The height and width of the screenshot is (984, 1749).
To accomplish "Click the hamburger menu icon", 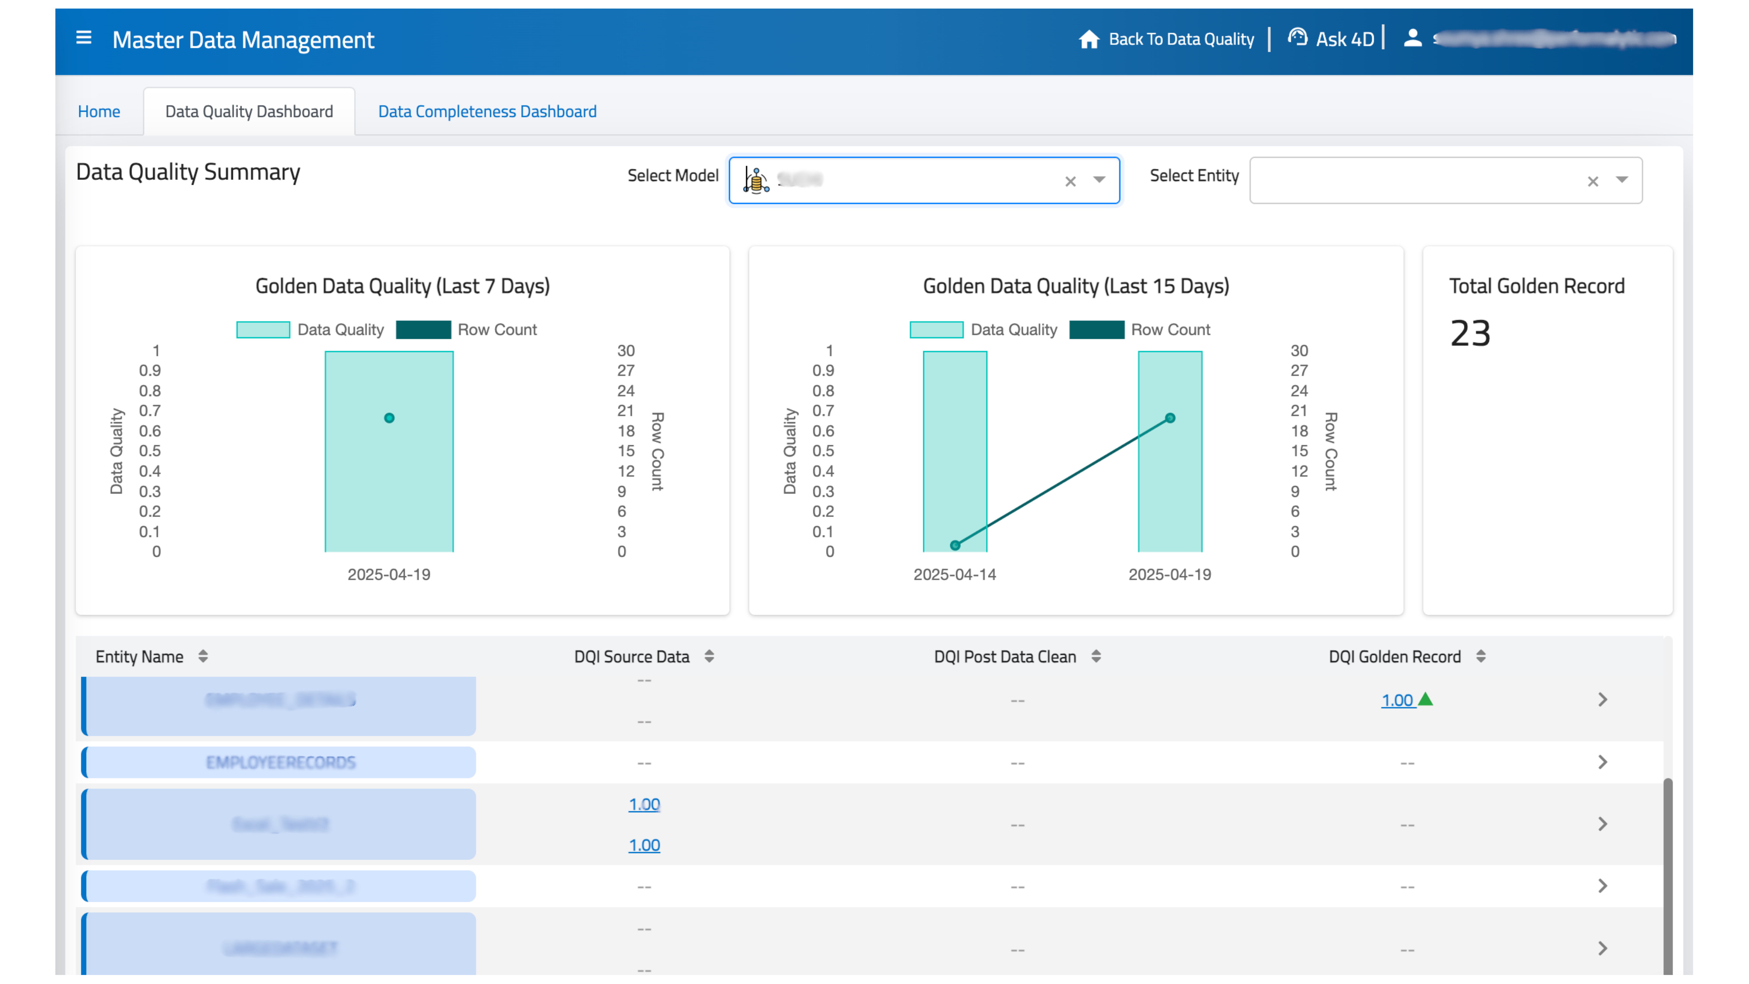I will [x=83, y=38].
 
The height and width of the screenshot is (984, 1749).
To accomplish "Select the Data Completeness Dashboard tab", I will [x=487, y=111].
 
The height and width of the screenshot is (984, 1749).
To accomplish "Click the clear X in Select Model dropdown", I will [x=1070, y=181].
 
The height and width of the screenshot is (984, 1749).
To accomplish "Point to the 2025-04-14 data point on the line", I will [x=955, y=545].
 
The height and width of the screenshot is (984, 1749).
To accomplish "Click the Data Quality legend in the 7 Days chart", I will [x=310, y=330].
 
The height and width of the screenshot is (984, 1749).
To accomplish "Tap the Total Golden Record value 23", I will [x=1470, y=334].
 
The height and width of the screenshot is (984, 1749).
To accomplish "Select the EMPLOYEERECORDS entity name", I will [x=280, y=763].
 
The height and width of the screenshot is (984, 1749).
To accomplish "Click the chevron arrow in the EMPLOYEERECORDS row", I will [x=1602, y=762].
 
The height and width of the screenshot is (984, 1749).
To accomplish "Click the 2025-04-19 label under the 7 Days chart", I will [x=389, y=574].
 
